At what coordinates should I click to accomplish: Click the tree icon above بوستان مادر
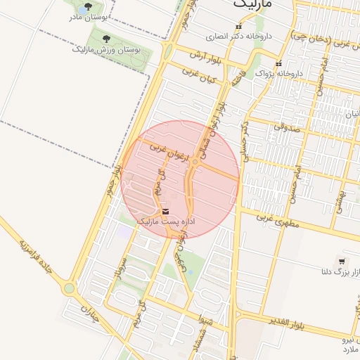click(x=86, y=7)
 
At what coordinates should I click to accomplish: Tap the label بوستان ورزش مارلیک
click(x=106, y=51)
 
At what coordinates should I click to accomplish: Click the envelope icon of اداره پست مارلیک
click(x=165, y=211)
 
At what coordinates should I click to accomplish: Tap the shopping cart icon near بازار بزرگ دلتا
click(x=342, y=261)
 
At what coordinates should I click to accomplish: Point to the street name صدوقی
click(x=286, y=127)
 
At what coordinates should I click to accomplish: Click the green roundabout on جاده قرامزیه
click(x=69, y=288)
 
